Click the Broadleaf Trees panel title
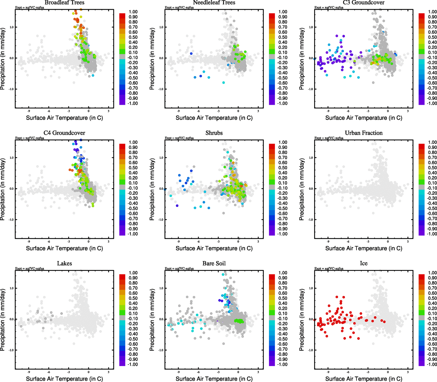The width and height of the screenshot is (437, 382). click(x=64, y=3)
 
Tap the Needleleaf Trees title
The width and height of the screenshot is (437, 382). click(x=214, y=3)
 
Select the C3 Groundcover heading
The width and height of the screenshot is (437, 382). click(x=363, y=3)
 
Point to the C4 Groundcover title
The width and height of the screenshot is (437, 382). click(x=64, y=133)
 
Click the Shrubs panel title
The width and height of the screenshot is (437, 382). click(x=214, y=133)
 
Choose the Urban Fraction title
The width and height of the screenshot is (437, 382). click(x=363, y=133)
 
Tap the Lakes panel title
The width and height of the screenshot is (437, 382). click(x=64, y=263)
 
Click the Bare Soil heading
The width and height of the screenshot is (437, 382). click(x=214, y=263)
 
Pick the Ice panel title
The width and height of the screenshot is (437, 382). click(x=363, y=263)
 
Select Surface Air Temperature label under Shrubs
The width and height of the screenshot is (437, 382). click(x=214, y=248)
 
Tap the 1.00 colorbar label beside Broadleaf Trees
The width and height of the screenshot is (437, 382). click(x=133, y=12)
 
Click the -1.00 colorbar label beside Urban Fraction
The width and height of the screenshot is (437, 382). click(x=432, y=234)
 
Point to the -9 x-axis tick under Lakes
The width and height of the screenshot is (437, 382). click(x=29, y=372)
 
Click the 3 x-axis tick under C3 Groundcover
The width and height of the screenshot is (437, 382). click(x=408, y=111)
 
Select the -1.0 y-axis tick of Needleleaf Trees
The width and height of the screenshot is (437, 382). click(x=161, y=89)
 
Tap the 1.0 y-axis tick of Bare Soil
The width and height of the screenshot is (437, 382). click(x=161, y=288)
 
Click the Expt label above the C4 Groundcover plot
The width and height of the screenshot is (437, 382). click(x=30, y=138)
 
